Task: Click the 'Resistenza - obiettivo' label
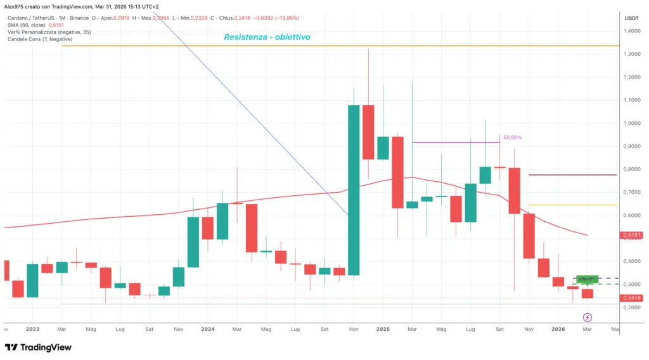(x=267, y=37)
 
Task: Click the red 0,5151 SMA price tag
(x=631, y=235)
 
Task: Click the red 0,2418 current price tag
(x=631, y=298)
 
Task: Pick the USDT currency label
(x=631, y=18)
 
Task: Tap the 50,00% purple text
(x=513, y=137)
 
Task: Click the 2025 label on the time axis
(x=382, y=329)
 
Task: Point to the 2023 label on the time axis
(x=33, y=329)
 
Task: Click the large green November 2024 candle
(x=354, y=190)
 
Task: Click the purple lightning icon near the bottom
(x=588, y=317)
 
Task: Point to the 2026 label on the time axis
(x=558, y=329)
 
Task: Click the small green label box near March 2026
(x=587, y=279)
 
